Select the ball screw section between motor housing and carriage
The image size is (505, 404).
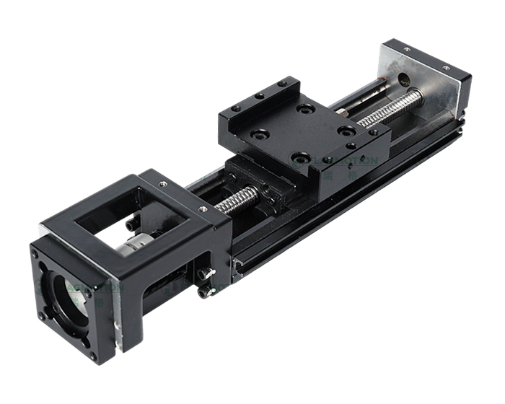tap(234, 200)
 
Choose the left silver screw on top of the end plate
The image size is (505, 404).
tap(407, 50)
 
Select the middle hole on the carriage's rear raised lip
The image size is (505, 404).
tap(258, 95)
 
